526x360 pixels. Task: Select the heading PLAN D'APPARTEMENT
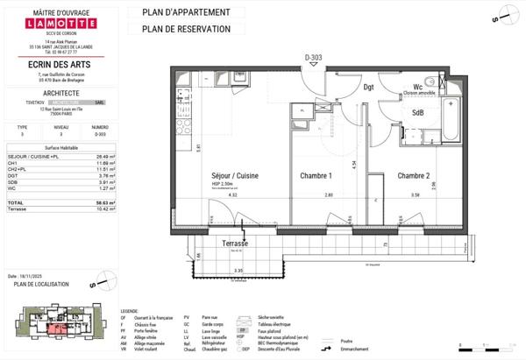pos(180,12)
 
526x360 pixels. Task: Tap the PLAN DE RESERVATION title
pos(180,29)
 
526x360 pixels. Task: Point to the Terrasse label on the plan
pos(234,243)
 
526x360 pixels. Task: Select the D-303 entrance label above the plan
pos(314,57)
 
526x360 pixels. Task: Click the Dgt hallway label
pos(368,87)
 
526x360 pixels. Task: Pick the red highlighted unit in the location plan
pos(55,329)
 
